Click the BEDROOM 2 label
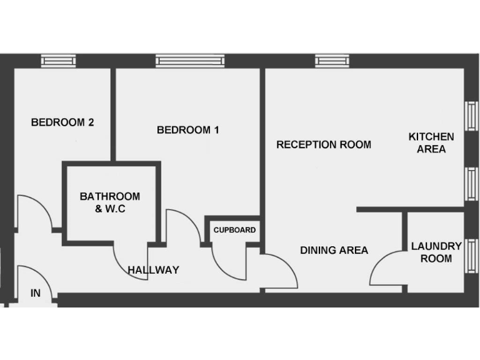tap(62, 122)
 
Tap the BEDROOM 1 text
tap(187, 130)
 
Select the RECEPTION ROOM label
tap(324, 144)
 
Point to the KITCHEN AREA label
tap(431, 142)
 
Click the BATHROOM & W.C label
tap(110, 202)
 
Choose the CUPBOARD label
tap(234, 230)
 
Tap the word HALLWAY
tap(154, 270)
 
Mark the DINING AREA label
tap(334, 250)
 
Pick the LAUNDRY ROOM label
tap(436, 252)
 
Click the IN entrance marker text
tap(36, 292)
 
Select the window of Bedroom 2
tap(59, 60)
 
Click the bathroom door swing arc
tap(128, 262)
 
